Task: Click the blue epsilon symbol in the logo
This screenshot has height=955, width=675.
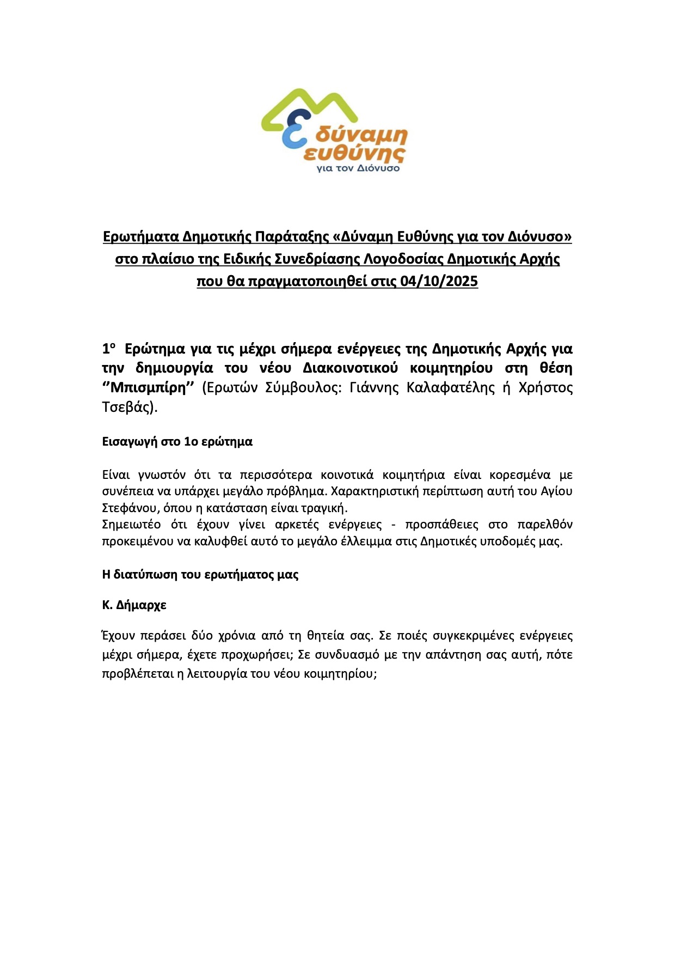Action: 294,130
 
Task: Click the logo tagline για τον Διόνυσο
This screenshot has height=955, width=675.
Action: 358,168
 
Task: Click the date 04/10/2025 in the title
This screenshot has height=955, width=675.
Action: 439,281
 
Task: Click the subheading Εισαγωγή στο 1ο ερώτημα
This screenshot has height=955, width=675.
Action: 177,441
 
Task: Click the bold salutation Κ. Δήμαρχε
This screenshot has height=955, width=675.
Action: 134,605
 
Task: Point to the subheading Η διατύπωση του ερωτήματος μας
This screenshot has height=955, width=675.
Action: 200,574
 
